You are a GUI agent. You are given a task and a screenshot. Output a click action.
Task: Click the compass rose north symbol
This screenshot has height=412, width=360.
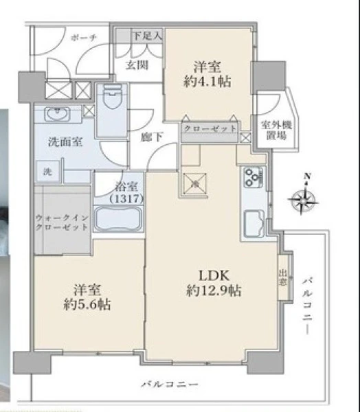coord(304,200)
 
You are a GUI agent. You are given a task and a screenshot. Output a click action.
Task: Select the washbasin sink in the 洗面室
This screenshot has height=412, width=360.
coord(57,114)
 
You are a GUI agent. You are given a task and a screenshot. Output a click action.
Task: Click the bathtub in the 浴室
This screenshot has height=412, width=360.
coord(118,219)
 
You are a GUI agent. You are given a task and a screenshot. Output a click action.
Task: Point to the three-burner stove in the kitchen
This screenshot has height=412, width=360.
coord(253,177)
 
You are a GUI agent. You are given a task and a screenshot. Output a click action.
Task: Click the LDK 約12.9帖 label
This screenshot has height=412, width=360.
coord(214,283)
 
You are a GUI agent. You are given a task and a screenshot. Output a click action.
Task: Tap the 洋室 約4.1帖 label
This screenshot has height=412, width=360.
coord(207,74)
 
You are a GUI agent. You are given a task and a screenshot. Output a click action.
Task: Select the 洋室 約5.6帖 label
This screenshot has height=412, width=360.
coord(87,297)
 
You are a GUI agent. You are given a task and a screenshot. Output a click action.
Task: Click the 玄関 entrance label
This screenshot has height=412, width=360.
coord(137,65)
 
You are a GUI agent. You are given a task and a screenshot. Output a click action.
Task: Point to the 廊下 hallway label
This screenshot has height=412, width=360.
coord(151,137)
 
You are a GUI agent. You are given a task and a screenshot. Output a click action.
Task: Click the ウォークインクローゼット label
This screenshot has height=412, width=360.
coord(62,222)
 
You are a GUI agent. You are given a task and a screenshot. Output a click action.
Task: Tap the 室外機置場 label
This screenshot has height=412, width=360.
coord(276,130)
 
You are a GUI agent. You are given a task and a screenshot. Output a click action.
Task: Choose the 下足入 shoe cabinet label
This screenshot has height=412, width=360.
coord(148,36)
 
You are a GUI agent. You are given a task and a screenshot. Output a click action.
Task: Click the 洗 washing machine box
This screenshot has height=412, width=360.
coord(47,171)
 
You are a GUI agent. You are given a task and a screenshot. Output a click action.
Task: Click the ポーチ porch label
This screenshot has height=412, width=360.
coord(84,38)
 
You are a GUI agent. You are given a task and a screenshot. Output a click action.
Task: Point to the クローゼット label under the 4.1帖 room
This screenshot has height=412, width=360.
coord(210,128)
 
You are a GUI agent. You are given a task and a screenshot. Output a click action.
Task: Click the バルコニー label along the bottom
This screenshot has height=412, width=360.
coord(170,385)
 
